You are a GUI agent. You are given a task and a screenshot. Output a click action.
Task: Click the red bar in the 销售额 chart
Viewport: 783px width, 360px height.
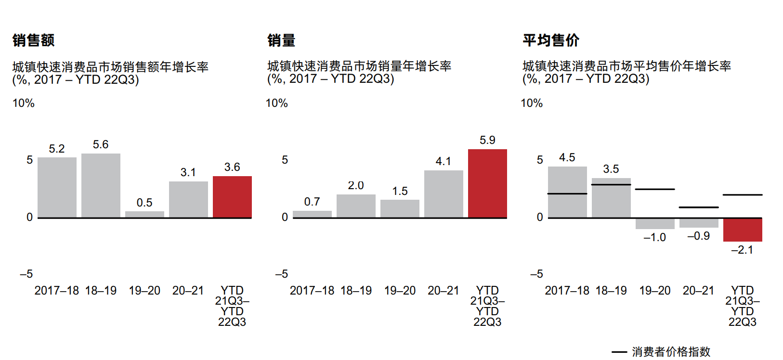tap(232, 197)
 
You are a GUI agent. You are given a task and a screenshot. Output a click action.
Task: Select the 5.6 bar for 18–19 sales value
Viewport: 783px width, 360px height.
tap(101, 185)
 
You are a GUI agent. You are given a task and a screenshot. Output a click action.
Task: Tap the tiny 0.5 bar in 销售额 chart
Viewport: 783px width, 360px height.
tap(144, 214)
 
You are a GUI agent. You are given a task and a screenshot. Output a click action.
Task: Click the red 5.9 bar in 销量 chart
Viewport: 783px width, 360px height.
tap(487, 183)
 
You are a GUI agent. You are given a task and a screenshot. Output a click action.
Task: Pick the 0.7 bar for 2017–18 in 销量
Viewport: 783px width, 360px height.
tap(312, 214)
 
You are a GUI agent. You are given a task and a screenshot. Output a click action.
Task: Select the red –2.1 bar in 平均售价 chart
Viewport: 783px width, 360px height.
tap(743, 230)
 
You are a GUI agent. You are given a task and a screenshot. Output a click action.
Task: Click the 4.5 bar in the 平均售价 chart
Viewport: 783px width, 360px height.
tap(567, 192)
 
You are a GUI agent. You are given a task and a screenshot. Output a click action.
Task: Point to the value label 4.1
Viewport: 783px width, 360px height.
tap(443, 161)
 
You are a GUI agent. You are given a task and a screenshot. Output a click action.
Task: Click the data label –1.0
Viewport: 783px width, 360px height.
tap(654, 237)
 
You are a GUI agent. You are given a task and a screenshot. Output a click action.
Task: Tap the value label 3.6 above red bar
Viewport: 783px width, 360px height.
tap(232, 167)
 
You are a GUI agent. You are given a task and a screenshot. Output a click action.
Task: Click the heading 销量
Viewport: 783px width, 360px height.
tap(281, 40)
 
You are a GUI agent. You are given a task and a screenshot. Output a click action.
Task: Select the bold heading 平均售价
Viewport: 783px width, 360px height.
tap(551, 40)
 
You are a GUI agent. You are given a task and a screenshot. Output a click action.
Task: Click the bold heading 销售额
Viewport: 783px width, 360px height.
tap(34, 40)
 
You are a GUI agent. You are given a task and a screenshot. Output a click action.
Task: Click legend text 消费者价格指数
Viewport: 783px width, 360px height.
tap(671, 352)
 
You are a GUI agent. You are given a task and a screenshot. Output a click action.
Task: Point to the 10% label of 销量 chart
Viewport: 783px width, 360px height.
tap(277, 103)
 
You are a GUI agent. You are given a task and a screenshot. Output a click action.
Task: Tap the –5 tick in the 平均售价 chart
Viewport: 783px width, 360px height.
tap(536, 274)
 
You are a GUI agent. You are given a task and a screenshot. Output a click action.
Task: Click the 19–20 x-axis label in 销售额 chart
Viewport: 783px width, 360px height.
tap(144, 291)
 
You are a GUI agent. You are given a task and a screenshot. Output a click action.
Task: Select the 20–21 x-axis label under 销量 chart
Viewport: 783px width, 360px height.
tap(443, 291)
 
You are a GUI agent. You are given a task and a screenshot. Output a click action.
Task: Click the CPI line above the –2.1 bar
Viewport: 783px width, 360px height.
tap(743, 195)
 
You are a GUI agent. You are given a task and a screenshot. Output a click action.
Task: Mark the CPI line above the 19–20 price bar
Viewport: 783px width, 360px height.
tap(655, 189)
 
